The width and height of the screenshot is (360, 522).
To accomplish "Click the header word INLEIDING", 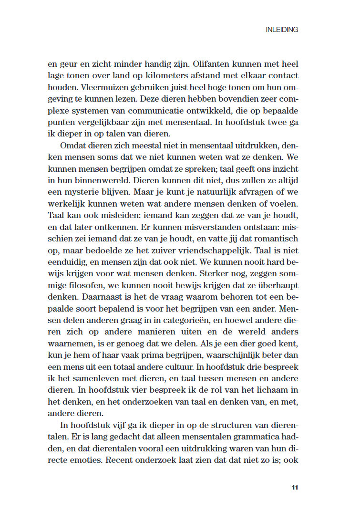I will [282, 30].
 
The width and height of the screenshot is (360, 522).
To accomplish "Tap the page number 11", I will [295, 488].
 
